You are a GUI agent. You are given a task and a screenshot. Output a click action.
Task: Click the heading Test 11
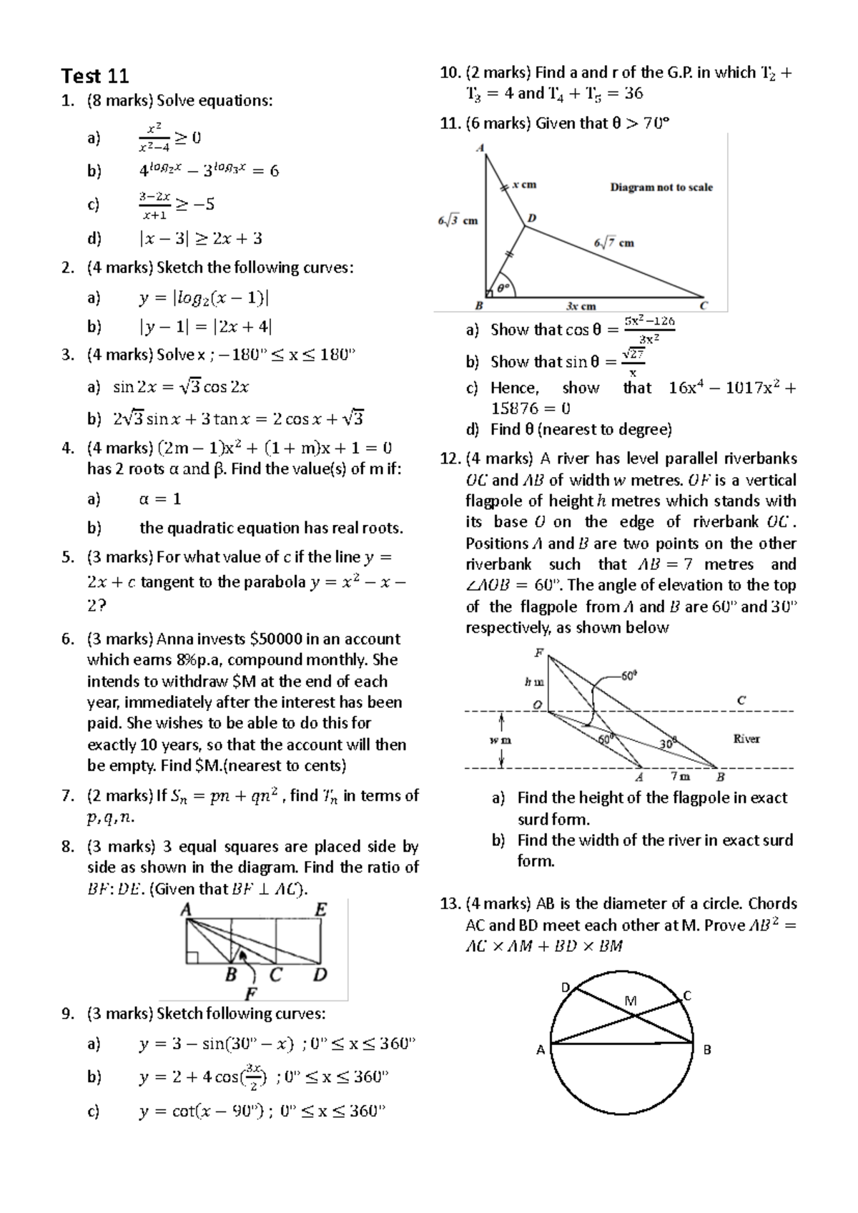(x=95, y=76)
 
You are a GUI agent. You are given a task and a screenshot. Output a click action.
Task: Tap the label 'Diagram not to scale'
(x=661, y=187)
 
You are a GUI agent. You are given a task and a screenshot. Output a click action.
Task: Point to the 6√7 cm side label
(x=613, y=243)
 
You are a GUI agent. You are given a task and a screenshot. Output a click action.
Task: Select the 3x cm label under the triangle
(x=581, y=306)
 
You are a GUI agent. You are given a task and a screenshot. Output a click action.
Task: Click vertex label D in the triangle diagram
(x=531, y=217)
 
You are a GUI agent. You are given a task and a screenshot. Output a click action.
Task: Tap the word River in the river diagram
(x=746, y=739)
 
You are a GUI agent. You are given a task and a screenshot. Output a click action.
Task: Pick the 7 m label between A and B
(x=680, y=777)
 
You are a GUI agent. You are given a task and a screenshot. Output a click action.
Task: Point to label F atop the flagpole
(x=538, y=653)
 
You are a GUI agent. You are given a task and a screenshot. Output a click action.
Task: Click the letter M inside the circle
(x=630, y=1001)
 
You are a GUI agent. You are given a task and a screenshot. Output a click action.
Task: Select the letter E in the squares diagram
(x=321, y=910)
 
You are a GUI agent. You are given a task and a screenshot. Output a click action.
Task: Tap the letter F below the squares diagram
(x=251, y=993)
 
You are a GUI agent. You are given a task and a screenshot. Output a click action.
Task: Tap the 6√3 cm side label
(x=458, y=221)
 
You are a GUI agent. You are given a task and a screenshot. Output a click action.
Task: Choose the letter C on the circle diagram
(x=687, y=996)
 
